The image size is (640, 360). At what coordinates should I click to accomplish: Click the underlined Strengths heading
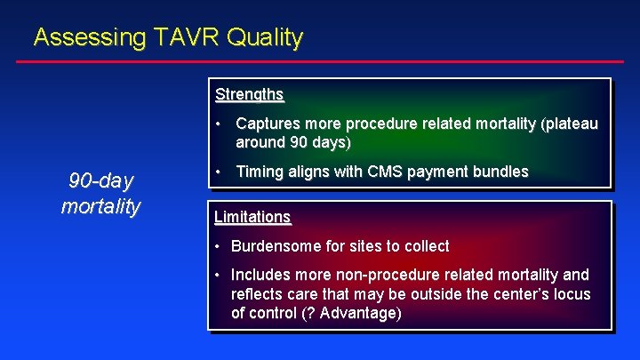click(x=249, y=94)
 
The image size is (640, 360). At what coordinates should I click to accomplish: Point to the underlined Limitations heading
click(x=252, y=217)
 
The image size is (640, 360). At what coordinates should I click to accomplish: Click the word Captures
click(x=268, y=124)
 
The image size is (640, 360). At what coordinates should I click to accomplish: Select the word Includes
click(x=260, y=276)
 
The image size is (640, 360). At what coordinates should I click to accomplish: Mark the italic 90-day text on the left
click(x=100, y=181)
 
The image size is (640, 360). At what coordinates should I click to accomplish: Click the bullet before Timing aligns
click(x=219, y=172)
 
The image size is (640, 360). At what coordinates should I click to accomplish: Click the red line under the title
click(x=320, y=61)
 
